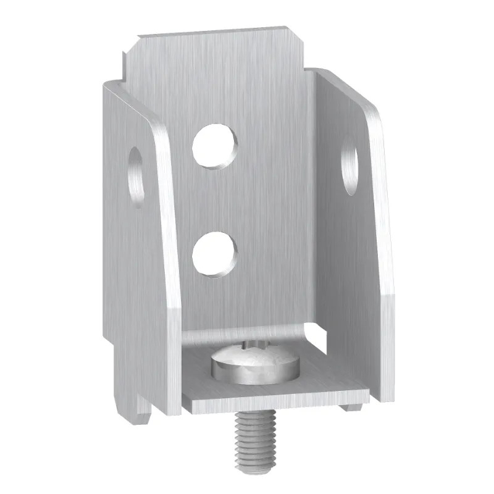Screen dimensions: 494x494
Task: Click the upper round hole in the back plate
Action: pos(214,146)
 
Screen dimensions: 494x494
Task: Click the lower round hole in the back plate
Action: pos(214,253)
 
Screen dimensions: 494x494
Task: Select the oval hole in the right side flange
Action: pos(351,165)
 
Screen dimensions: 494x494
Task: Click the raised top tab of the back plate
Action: pos(210,49)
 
